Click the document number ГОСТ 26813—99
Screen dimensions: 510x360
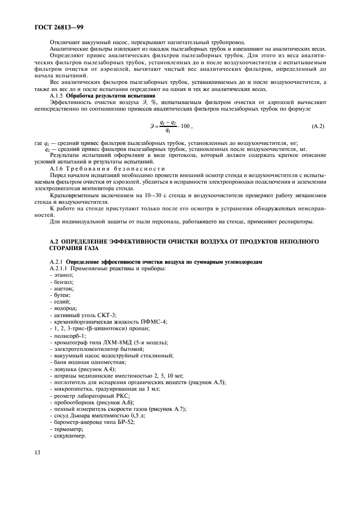coord(56,26)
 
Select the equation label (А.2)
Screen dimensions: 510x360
coord(318,126)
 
